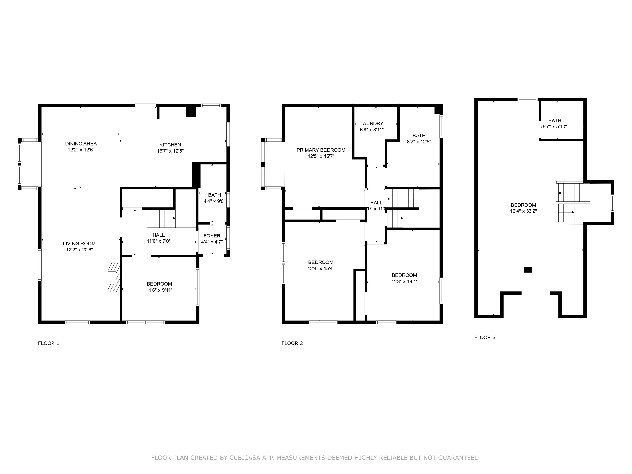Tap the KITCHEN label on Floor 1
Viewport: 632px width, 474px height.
(x=170, y=145)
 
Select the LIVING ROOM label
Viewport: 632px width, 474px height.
(x=79, y=243)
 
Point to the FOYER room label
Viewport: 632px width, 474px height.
(x=212, y=236)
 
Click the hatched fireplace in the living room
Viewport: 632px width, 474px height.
(x=113, y=277)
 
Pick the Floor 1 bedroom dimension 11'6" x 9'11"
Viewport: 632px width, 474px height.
(x=159, y=290)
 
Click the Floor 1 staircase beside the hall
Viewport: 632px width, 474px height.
(x=162, y=218)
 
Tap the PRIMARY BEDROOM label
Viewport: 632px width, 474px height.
(x=321, y=150)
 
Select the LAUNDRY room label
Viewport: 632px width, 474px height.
(x=372, y=124)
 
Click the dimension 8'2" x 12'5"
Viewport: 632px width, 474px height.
(x=419, y=142)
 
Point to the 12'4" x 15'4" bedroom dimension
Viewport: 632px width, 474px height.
(x=321, y=269)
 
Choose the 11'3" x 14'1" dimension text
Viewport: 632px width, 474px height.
(x=405, y=282)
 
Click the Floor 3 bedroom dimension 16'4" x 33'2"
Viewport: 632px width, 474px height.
(x=523, y=211)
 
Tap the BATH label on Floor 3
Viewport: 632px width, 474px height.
(x=555, y=121)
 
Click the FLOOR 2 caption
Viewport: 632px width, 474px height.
(x=292, y=343)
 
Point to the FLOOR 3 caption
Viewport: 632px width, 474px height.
(x=485, y=337)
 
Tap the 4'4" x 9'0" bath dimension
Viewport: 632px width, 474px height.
(x=215, y=201)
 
